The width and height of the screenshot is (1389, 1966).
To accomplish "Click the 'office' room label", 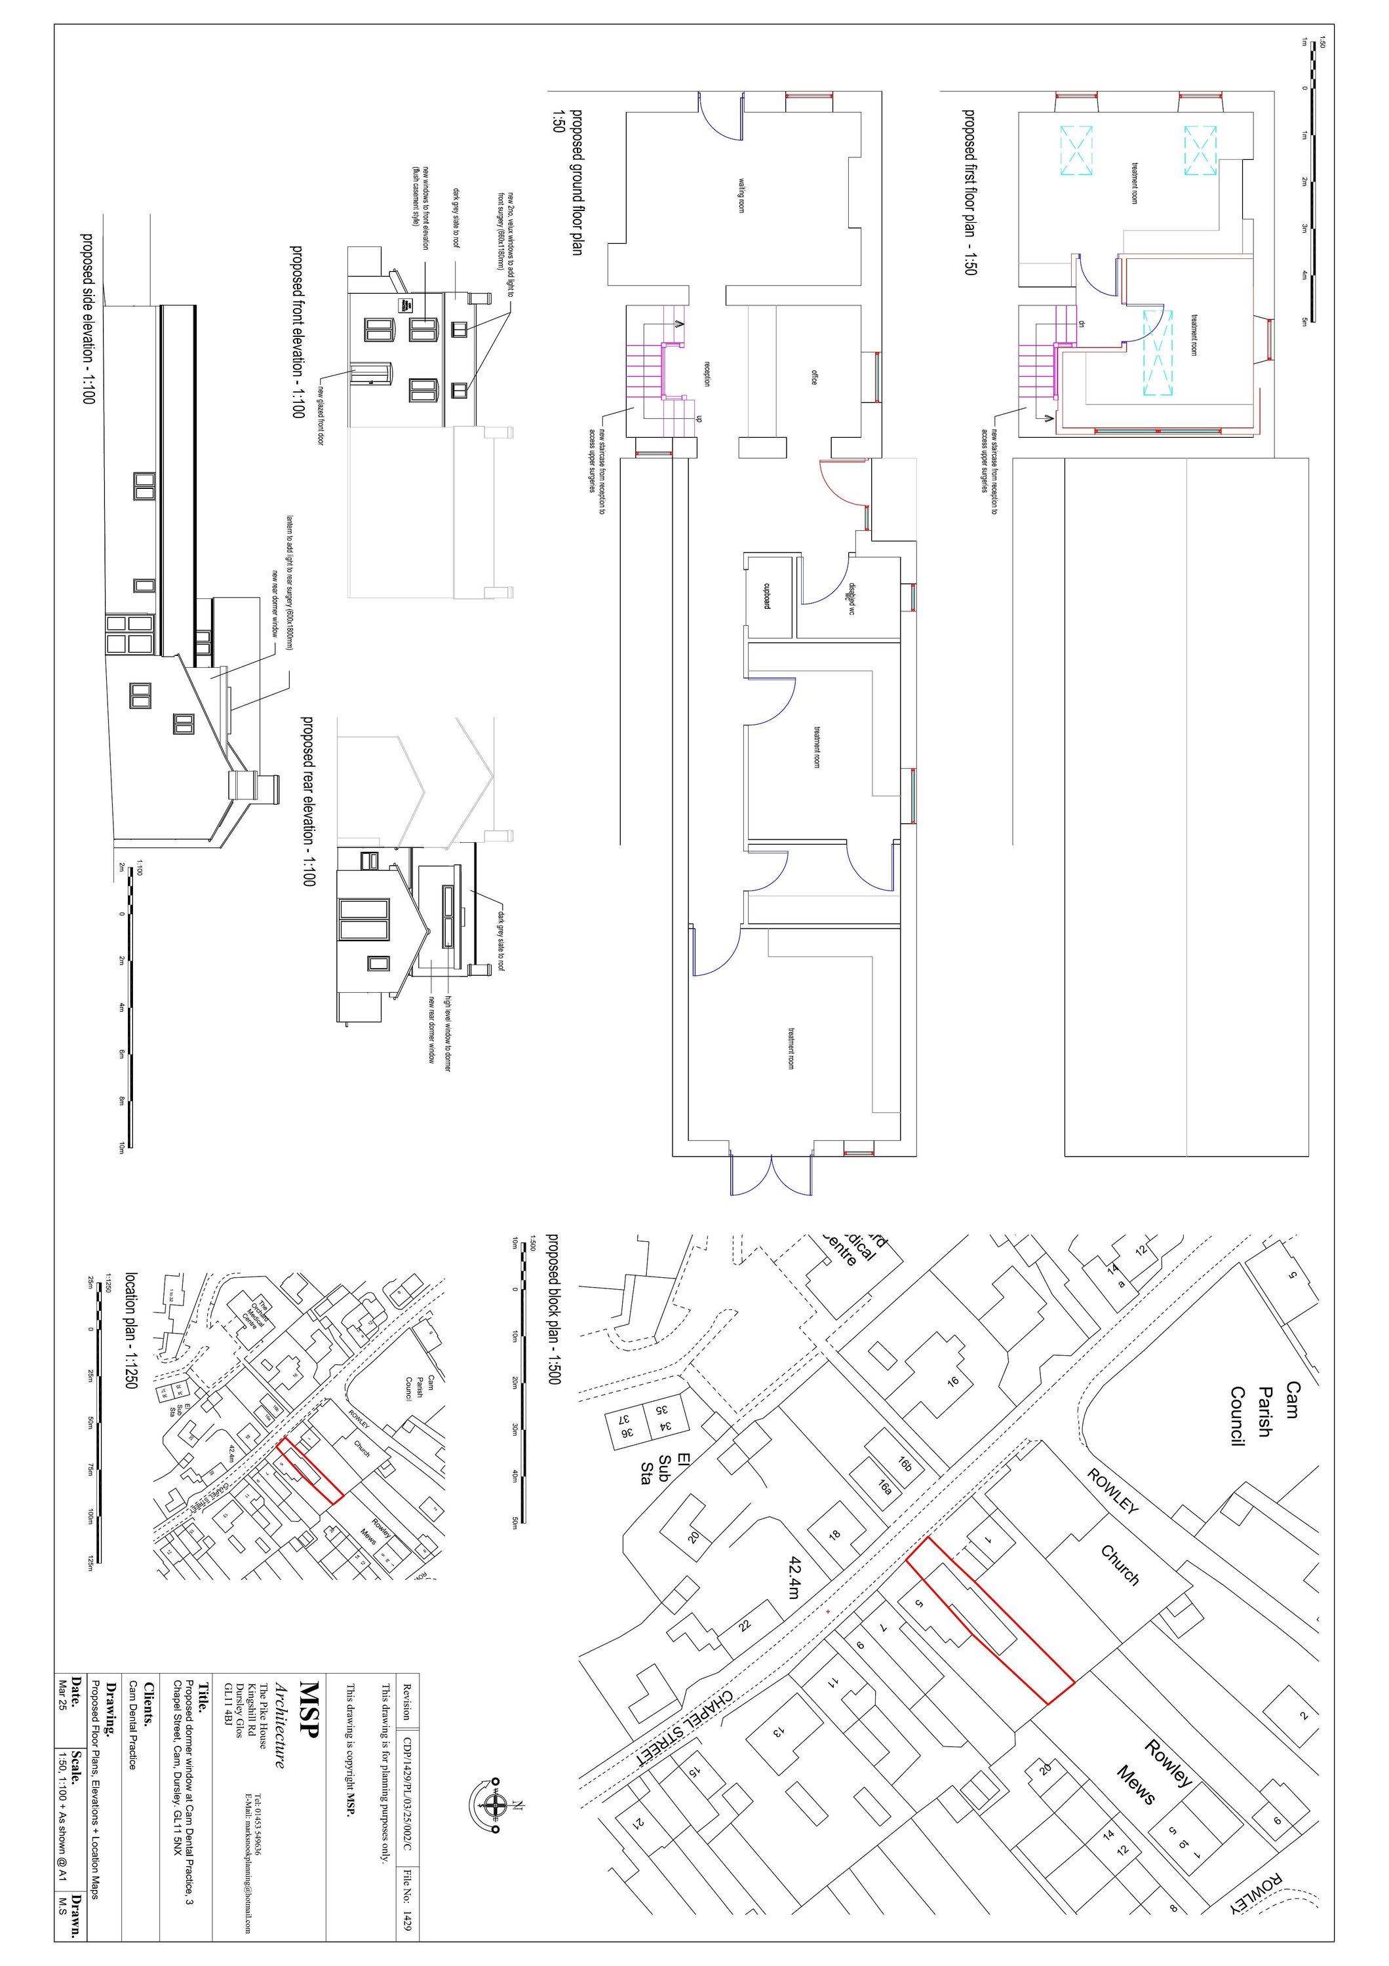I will [814, 375].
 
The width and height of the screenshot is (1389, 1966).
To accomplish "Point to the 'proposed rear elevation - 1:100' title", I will [307, 801].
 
